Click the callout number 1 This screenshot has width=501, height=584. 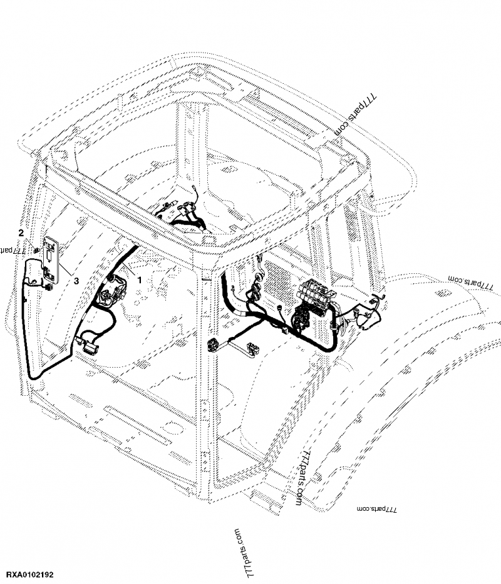[x=140, y=274]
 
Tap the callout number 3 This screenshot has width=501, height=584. [x=76, y=281]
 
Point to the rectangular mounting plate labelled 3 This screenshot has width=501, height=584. [x=51, y=259]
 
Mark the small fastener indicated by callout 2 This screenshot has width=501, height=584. [x=36, y=251]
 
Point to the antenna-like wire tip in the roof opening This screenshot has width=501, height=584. [x=196, y=195]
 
